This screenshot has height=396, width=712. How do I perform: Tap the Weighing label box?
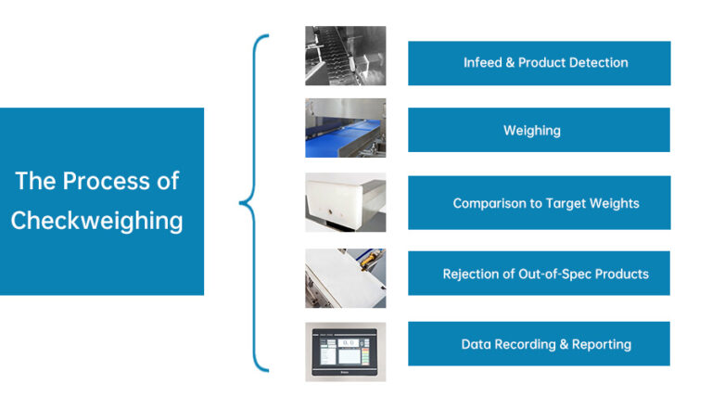coord(539,130)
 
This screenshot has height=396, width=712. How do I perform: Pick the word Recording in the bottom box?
coord(525,345)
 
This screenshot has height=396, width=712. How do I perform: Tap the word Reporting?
coord(602,345)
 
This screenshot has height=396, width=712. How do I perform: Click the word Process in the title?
coord(107,181)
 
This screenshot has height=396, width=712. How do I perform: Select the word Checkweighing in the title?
coord(96,221)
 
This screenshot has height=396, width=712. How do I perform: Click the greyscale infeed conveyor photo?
coord(346,56)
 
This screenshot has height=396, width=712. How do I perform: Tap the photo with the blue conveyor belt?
coord(346,128)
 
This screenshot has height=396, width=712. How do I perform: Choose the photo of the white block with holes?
coord(346,202)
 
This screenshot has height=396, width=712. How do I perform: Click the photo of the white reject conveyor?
coord(346,278)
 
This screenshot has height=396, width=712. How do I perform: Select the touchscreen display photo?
coord(346,352)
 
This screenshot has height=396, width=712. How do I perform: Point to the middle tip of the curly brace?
coord(240,202)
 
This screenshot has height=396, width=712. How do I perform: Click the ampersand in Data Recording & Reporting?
coord(564,344)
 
